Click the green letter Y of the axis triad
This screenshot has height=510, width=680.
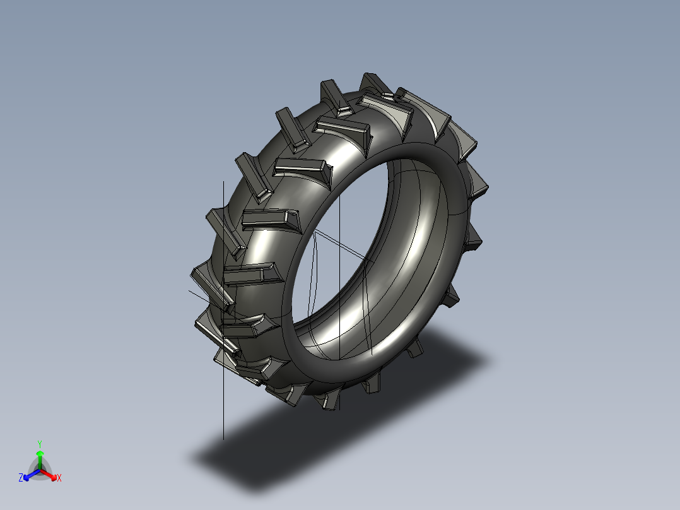39,444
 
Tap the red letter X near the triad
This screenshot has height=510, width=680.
59,478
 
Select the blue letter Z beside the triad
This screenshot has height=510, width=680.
21,478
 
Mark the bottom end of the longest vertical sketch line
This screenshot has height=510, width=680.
223,439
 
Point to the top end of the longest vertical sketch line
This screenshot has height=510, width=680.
223,181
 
